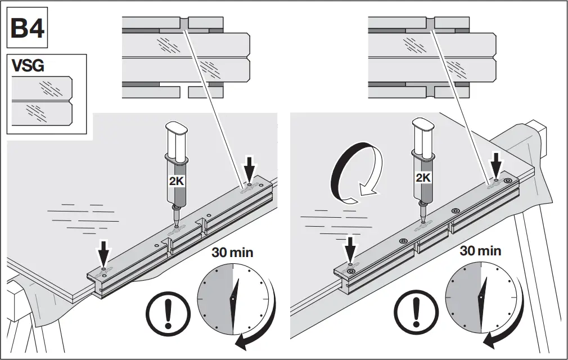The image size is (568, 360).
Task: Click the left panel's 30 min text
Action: [232, 252]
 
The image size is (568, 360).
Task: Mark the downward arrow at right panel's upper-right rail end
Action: [497, 161]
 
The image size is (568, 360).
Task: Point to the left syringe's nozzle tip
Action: [176, 223]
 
